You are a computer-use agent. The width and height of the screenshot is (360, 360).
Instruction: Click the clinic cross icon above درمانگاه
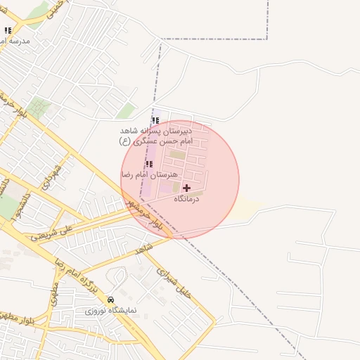(186, 188)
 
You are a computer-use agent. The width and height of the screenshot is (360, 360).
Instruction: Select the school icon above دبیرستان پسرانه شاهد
(155, 120)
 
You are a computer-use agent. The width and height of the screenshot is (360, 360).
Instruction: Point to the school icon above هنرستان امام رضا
(148, 164)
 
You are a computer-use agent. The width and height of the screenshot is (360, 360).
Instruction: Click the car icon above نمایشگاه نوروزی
(110, 299)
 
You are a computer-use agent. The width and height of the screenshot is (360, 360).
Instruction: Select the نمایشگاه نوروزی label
(111, 309)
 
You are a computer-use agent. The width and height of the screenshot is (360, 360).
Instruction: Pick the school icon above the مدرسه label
(8, 31)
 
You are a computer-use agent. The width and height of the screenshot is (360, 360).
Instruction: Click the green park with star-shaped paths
(39, 107)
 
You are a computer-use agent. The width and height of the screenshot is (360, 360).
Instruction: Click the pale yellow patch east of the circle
(250, 208)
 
